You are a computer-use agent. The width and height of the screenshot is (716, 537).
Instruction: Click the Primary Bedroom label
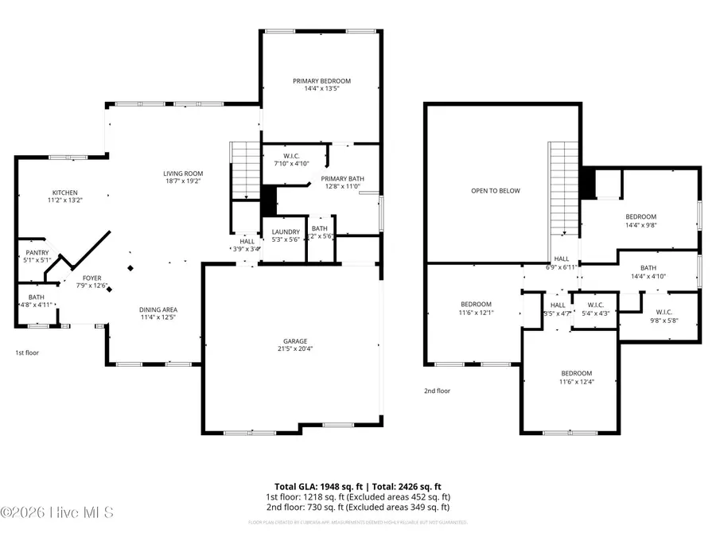321,81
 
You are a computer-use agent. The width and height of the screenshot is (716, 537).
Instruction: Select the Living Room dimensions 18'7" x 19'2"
183,181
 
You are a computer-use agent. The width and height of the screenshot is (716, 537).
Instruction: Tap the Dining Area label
158,309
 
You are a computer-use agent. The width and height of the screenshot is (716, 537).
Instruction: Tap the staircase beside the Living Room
245,170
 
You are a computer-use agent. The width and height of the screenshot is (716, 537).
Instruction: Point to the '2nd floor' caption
437,391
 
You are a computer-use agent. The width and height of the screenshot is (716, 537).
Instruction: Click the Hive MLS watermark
57,512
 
